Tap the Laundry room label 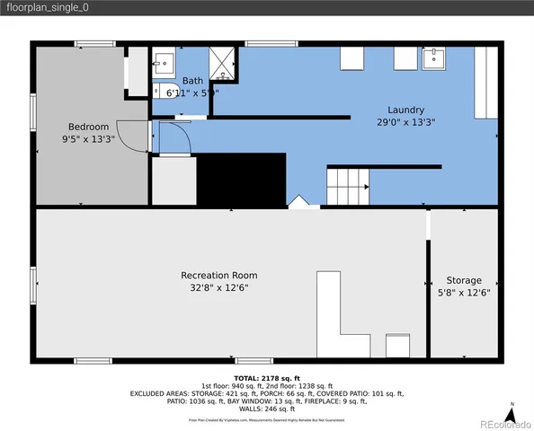[x=406, y=110]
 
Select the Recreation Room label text [x=218, y=276]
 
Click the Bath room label [x=193, y=80]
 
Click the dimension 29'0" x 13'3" [x=406, y=122]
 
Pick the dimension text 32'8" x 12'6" [x=218, y=287]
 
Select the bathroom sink [x=165, y=61]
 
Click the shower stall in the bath [x=221, y=62]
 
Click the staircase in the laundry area [x=345, y=187]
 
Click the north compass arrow [x=511, y=414]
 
